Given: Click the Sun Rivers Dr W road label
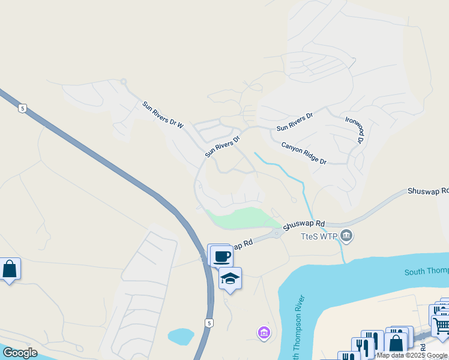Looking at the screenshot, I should [x=162, y=114].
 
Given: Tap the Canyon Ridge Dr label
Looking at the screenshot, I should [x=304, y=154].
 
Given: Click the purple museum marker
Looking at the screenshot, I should [x=263, y=332].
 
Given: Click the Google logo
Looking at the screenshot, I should [x=20, y=353].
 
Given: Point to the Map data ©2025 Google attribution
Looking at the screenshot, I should [x=412, y=355].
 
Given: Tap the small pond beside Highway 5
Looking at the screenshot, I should [x=180, y=336].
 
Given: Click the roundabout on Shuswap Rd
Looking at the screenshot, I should [x=276, y=233].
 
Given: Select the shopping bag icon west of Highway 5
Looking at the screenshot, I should [x=10, y=269].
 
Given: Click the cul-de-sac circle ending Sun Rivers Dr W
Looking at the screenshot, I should [x=123, y=82].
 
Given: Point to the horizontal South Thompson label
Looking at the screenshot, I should [x=426, y=272].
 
